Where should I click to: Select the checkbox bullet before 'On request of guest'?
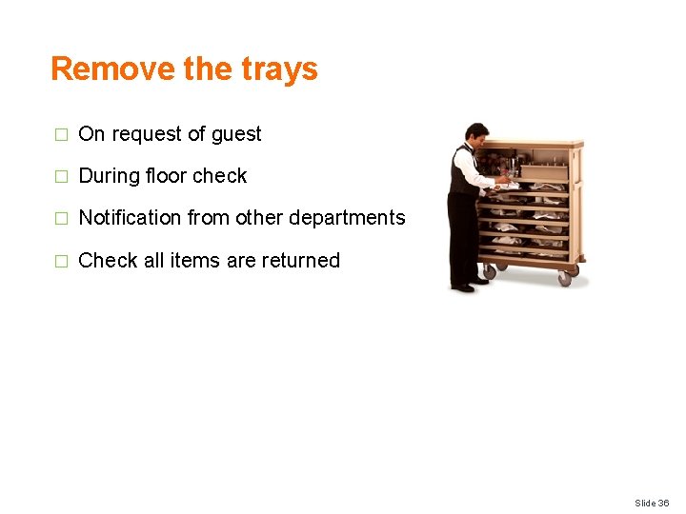pyautogui.click(x=62, y=135)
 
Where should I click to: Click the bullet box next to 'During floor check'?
pyautogui.click(x=62, y=177)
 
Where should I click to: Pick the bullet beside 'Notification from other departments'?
pyautogui.click(x=62, y=219)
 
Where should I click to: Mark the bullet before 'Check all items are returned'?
pyautogui.click(x=62, y=261)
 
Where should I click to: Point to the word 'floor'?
pyautogui.click(x=165, y=176)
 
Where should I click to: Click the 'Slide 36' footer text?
pyautogui.click(x=652, y=503)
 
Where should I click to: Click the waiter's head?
pyautogui.click(x=475, y=134)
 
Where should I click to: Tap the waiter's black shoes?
pyautogui.click(x=464, y=287)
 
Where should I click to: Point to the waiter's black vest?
pyautogui.click(x=462, y=176)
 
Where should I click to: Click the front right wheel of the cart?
pyautogui.click(x=565, y=278)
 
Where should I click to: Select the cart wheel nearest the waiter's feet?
pyautogui.click(x=489, y=270)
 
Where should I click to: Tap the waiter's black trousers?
pyautogui.click(x=462, y=238)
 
